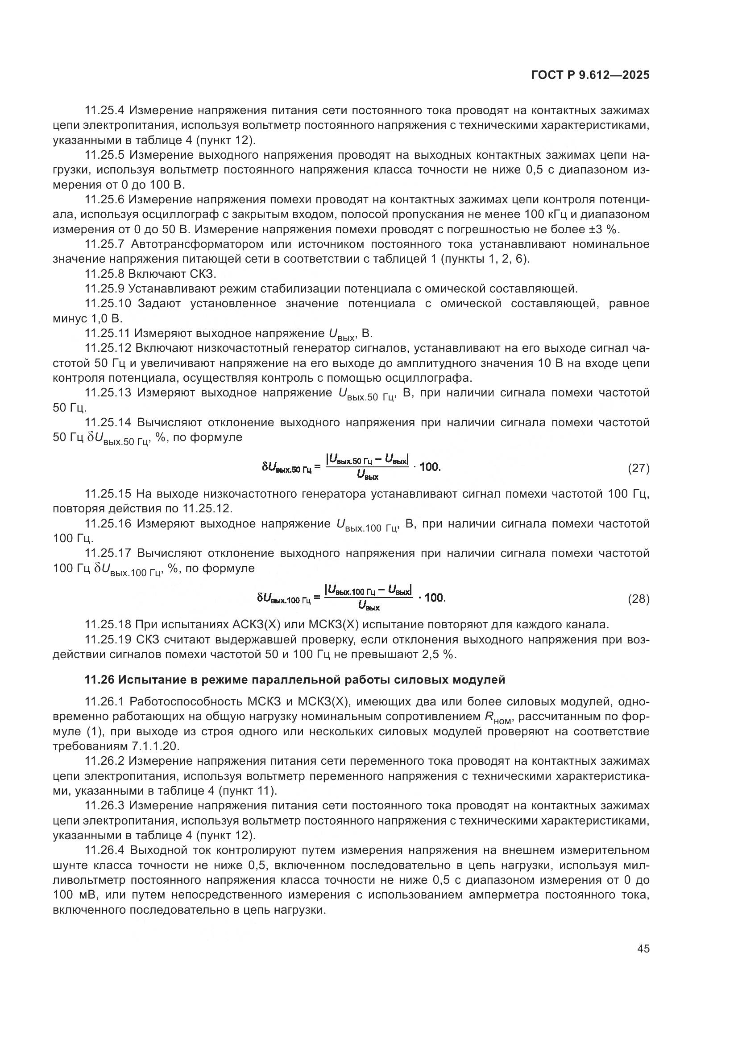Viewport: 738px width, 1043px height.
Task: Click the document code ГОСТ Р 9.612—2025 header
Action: (x=590, y=75)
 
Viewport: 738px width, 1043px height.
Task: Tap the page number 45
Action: (x=643, y=948)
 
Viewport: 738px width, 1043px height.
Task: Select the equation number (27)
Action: (x=638, y=468)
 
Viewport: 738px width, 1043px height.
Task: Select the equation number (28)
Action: (x=638, y=599)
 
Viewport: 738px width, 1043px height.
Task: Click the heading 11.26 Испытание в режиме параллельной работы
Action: (x=295, y=680)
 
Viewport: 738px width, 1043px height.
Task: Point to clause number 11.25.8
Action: (x=105, y=274)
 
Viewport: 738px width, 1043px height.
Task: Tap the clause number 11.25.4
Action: (x=105, y=111)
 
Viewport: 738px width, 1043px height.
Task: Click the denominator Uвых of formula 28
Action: (x=369, y=607)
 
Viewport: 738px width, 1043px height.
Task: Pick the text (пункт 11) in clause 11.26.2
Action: (x=247, y=791)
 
